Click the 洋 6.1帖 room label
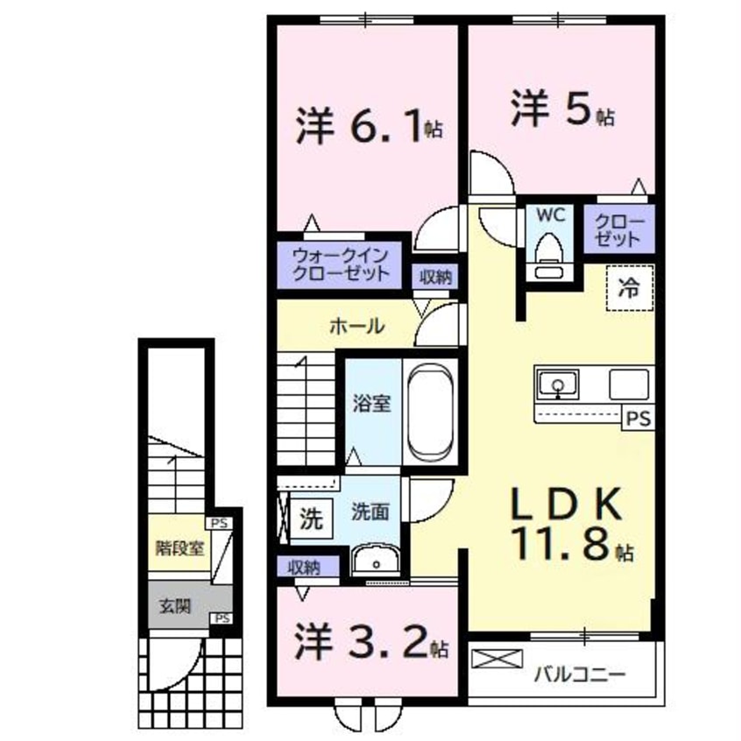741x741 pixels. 368,128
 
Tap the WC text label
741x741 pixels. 549,215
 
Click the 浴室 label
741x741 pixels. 371,404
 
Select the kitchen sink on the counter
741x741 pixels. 557,384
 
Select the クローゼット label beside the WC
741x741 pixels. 619,229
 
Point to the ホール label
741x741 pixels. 356,327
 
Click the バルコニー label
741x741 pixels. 579,674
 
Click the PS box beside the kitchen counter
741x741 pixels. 639,420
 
